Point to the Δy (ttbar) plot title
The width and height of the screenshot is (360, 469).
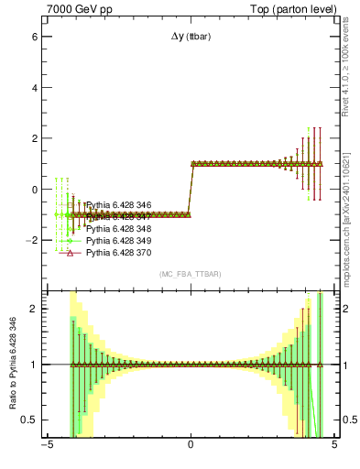[x=191, y=37]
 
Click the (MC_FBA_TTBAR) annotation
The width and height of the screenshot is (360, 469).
[x=191, y=274]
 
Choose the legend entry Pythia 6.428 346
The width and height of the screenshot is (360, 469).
[x=118, y=205]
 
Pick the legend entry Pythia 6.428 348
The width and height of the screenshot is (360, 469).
[x=118, y=228]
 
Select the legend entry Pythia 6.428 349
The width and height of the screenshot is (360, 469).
[x=118, y=240]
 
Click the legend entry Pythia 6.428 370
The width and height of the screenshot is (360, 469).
[x=118, y=252]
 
